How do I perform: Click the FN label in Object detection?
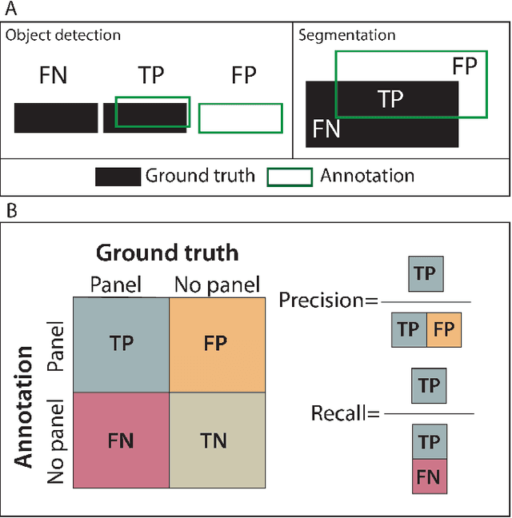53,77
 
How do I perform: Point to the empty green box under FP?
240,118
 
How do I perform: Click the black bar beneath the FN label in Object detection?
56,118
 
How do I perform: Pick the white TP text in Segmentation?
390,98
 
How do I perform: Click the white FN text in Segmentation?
326,129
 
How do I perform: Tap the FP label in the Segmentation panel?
465,66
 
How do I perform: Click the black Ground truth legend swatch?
118,177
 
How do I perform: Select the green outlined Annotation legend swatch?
290,177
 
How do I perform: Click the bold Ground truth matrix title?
167,253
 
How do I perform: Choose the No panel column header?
216,285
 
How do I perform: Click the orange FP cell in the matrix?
216,344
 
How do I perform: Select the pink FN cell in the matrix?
121,440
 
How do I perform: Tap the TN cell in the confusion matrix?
216,440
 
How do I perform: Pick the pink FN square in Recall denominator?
430,477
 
